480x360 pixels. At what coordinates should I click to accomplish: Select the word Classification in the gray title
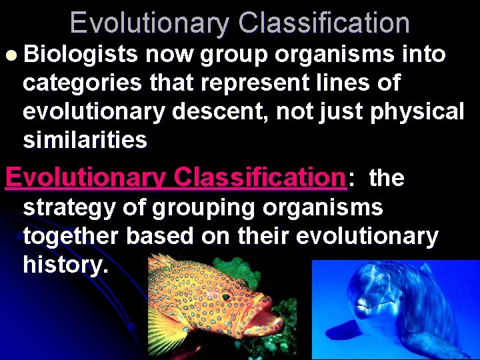coord(324,23)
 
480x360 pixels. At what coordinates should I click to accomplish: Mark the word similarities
coord(85,140)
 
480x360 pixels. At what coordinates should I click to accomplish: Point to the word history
coord(65,265)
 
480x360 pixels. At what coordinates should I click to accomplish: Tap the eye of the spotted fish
coord(225,297)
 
